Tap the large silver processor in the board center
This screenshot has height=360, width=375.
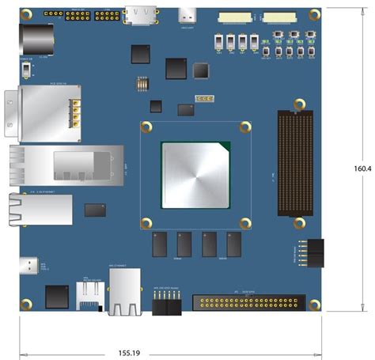click(x=195, y=172)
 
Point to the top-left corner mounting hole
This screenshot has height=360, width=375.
click(x=26, y=15)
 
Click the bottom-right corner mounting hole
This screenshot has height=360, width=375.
click(x=316, y=304)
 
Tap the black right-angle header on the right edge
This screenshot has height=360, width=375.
click(x=313, y=252)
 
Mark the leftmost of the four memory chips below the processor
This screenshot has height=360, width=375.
click(x=158, y=244)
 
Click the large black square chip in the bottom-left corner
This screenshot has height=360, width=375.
click(x=57, y=297)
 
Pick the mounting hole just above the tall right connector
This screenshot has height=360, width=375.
click(x=299, y=104)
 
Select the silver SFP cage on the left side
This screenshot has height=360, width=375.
click(x=68, y=164)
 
